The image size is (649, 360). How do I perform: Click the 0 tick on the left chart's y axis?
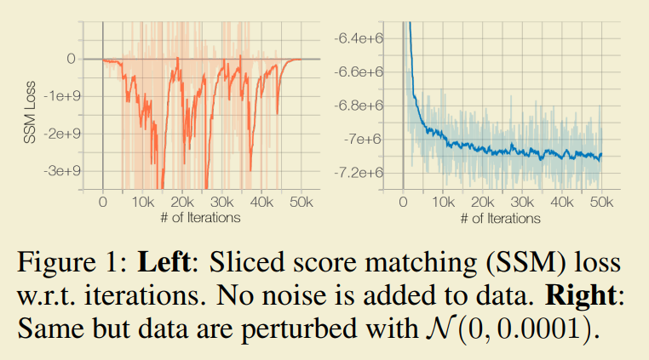71,59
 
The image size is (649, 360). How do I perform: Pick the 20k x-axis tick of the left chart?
181,203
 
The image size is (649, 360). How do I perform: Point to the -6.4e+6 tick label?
359,38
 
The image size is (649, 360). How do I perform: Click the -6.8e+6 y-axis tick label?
359,106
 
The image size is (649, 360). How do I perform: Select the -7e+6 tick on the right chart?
365,139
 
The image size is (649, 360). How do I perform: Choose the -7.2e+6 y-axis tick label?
359,173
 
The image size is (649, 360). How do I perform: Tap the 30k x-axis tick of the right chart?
522,204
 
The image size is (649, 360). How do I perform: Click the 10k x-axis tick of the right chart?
443,204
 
